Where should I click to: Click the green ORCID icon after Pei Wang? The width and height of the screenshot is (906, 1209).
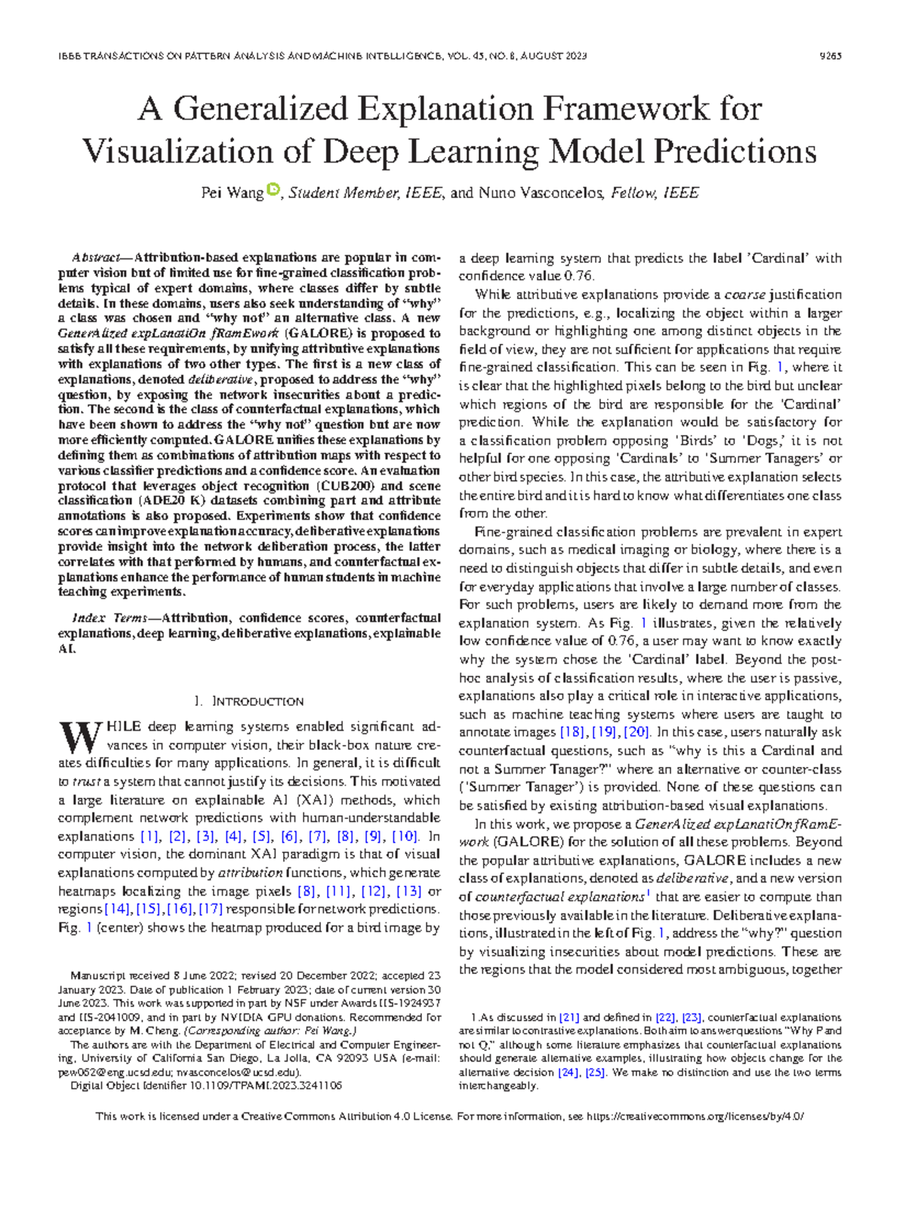tap(273, 190)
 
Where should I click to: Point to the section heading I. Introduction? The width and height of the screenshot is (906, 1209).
tap(249, 701)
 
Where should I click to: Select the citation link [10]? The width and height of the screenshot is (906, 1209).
tap(405, 836)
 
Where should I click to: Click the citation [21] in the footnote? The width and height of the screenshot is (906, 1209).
tap(569, 1018)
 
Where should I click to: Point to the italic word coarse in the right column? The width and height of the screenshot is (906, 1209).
tap(744, 295)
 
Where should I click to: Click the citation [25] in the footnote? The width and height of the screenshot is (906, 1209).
tap(596, 1072)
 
